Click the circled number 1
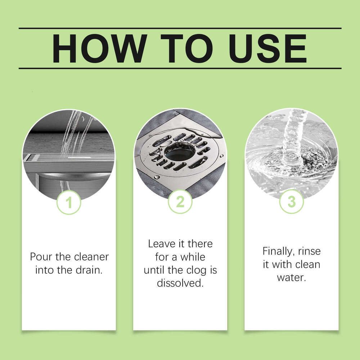[x=69, y=203]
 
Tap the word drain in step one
[x=90, y=270]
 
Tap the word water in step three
[x=291, y=278]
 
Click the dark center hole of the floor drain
[x=180, y=151]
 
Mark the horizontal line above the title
[x=180, y=28]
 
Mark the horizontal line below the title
[x=180, y=68]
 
